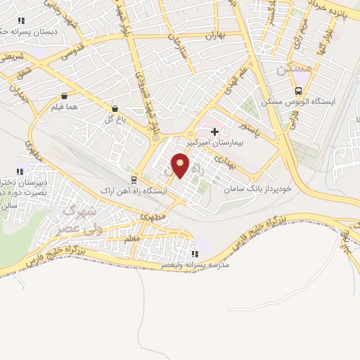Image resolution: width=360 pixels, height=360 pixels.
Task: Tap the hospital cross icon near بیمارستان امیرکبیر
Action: pyautogui.click(x=214, y=131)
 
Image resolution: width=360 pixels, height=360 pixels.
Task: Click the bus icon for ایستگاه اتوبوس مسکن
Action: pyautogui.click(x=299, y=91)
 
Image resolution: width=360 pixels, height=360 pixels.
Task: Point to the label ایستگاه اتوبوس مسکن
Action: pyautogui.click(x=298, y=102)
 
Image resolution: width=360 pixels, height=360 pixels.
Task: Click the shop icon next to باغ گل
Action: pyautogui.click(x=115, y=108)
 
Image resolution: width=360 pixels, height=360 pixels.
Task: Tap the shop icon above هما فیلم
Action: pyautogui.click(x=65, y=96)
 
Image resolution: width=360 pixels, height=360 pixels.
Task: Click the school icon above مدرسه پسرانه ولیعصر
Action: pyautogui.click(x=194, y=254)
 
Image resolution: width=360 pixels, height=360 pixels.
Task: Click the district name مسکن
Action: pyautogui.click(x=292, y=70)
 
